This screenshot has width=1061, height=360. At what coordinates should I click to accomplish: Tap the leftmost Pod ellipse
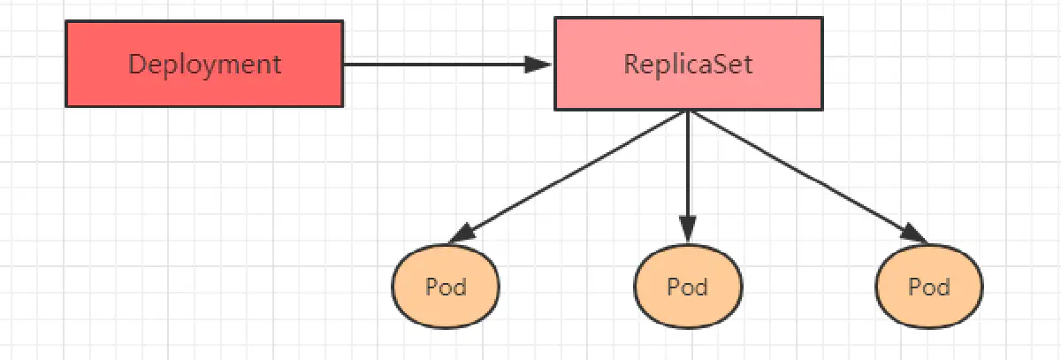446,287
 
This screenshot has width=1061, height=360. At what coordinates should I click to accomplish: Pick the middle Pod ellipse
688,287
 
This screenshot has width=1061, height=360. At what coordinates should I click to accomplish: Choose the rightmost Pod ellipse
929,287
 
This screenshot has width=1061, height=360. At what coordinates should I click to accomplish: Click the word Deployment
204,65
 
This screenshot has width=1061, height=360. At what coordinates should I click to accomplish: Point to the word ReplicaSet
689,65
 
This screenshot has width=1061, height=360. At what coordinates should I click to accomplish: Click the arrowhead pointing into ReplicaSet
538,64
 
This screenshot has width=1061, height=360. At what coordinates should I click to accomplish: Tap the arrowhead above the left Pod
462,236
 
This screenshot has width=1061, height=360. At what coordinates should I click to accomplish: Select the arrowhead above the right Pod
915,235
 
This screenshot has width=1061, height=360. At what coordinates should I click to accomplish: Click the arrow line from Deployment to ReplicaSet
433,64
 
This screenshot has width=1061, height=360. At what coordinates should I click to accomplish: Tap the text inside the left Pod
446,287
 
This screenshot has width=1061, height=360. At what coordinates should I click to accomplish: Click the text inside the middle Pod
688,287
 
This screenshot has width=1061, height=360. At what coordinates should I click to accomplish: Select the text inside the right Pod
929,287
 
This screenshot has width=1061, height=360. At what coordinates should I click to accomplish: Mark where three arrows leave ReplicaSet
689,111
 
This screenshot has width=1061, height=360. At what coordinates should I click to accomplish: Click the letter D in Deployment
136,65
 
